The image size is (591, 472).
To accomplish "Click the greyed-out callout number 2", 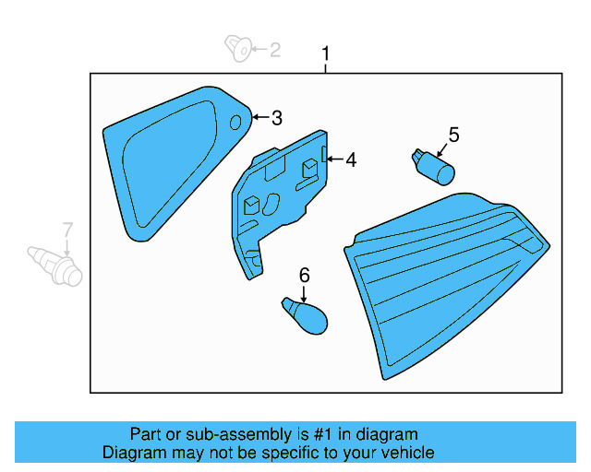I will tap(274, 50).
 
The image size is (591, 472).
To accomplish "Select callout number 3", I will tap(276, 118).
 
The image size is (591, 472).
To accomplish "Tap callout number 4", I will tap(350, 160).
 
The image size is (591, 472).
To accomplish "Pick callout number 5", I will tap(452, 135).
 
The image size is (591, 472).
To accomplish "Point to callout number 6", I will tap(304, 274).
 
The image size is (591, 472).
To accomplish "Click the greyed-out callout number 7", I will tap(66, 230).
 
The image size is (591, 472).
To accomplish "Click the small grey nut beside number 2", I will tap(239, 47).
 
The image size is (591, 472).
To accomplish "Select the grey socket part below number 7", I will tap(56, 265).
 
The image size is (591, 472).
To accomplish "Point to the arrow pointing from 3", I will tap(259, 118).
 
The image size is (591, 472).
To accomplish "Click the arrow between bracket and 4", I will tap(334, 160).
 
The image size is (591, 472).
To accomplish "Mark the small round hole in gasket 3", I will tap(235, 122).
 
